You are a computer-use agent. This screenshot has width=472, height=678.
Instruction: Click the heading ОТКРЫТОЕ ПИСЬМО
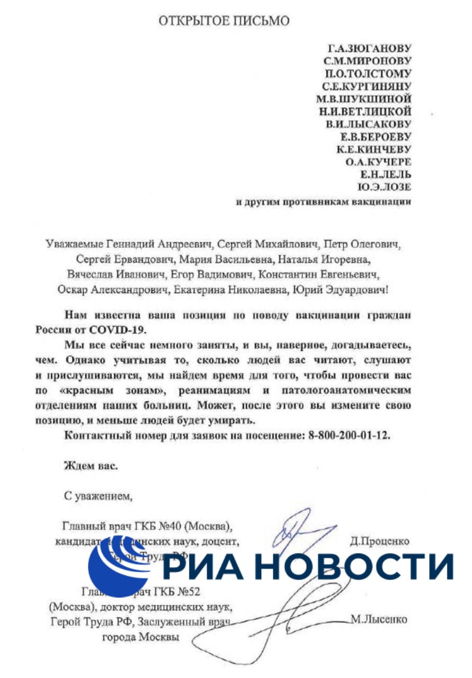(225, 22)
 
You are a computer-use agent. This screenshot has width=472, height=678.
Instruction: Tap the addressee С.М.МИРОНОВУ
(370, 62)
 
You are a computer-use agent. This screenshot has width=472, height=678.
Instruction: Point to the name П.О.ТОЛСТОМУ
(370, 74)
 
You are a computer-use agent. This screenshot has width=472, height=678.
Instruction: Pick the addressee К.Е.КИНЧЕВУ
(374, 149)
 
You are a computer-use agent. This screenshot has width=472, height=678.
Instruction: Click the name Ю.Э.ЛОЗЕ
(385, 187)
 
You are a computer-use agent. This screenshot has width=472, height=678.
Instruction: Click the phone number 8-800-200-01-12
(351, 435)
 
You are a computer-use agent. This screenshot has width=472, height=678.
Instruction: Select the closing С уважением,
(96, 496)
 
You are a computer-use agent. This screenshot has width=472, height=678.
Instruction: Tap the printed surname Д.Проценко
(380, 541)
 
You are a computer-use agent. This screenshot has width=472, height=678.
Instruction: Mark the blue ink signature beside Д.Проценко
(299, 530)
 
